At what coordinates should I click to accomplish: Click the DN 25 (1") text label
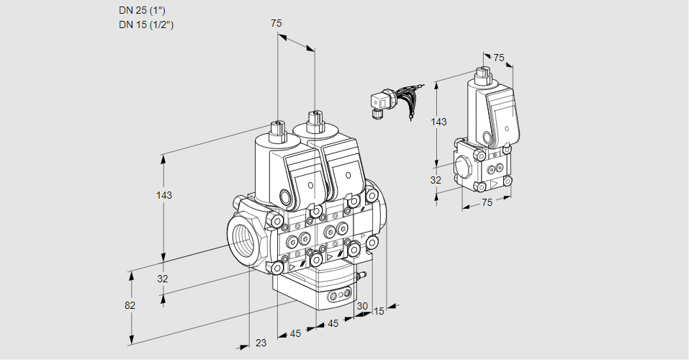click(x=147, y=10)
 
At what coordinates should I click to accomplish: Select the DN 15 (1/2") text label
click(x=147, y=24)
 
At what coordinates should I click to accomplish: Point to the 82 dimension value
click(x=130, y=305)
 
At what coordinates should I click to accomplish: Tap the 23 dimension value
click(x=261, y=343)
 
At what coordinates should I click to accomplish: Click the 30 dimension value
click(x=361, y=306)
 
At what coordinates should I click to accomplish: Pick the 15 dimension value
click(x=379, y=311)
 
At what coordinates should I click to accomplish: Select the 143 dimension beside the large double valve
click(x=165, y=195)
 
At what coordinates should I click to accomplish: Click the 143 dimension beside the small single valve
click(x=438, y=122)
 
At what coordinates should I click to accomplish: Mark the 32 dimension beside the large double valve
click(x=163, y=279)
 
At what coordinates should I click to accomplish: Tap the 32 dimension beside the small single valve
click(x=436, y=180)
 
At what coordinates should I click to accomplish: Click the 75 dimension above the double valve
click(x=276, y=24)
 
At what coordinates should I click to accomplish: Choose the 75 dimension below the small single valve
click(x=487, y=203)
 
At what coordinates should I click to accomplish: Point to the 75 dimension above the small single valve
click(x=499, y=58)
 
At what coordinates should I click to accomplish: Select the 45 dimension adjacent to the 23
click(x=295, y=333)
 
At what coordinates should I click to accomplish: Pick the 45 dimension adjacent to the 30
click(x=333, y=323)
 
